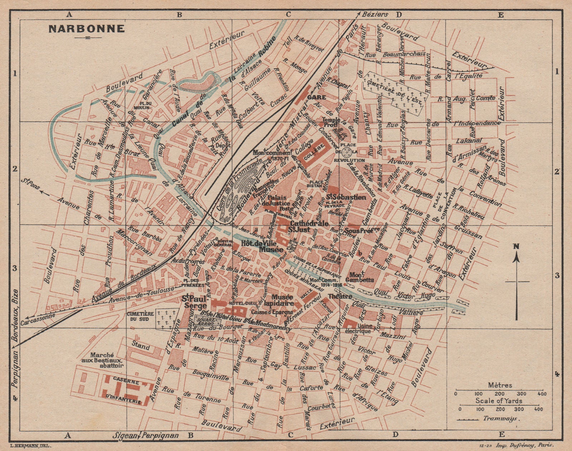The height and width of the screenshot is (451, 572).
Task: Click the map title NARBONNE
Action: click(87, 29)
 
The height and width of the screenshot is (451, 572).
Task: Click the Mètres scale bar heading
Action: click(500, 385)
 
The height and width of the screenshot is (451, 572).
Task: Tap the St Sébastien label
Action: click(346, 197)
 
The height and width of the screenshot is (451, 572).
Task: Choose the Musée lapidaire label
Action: click(282, 300)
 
